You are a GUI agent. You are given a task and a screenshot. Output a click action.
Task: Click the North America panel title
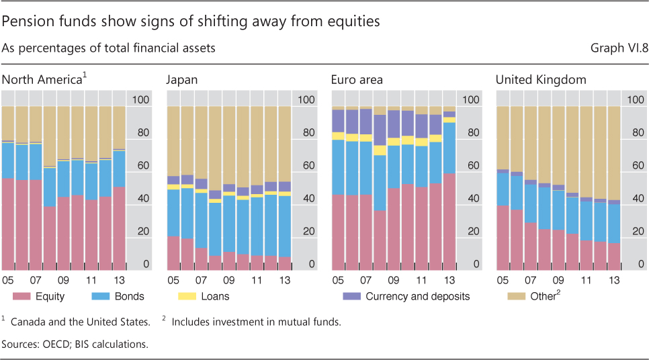(x=42, y=80)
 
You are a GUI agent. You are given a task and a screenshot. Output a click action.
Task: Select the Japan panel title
(x=182, y=80)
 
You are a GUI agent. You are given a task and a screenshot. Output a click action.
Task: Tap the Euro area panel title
(x=357, y=80)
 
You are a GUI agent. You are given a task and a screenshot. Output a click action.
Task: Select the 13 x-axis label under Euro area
(x=449, y=278)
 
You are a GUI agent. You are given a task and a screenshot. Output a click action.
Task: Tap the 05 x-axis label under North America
(x=9, y=278)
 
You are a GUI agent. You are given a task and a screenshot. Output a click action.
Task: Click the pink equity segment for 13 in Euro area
(x=449, y=222)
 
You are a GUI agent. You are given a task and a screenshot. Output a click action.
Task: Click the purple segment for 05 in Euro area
(x=339, y=121)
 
